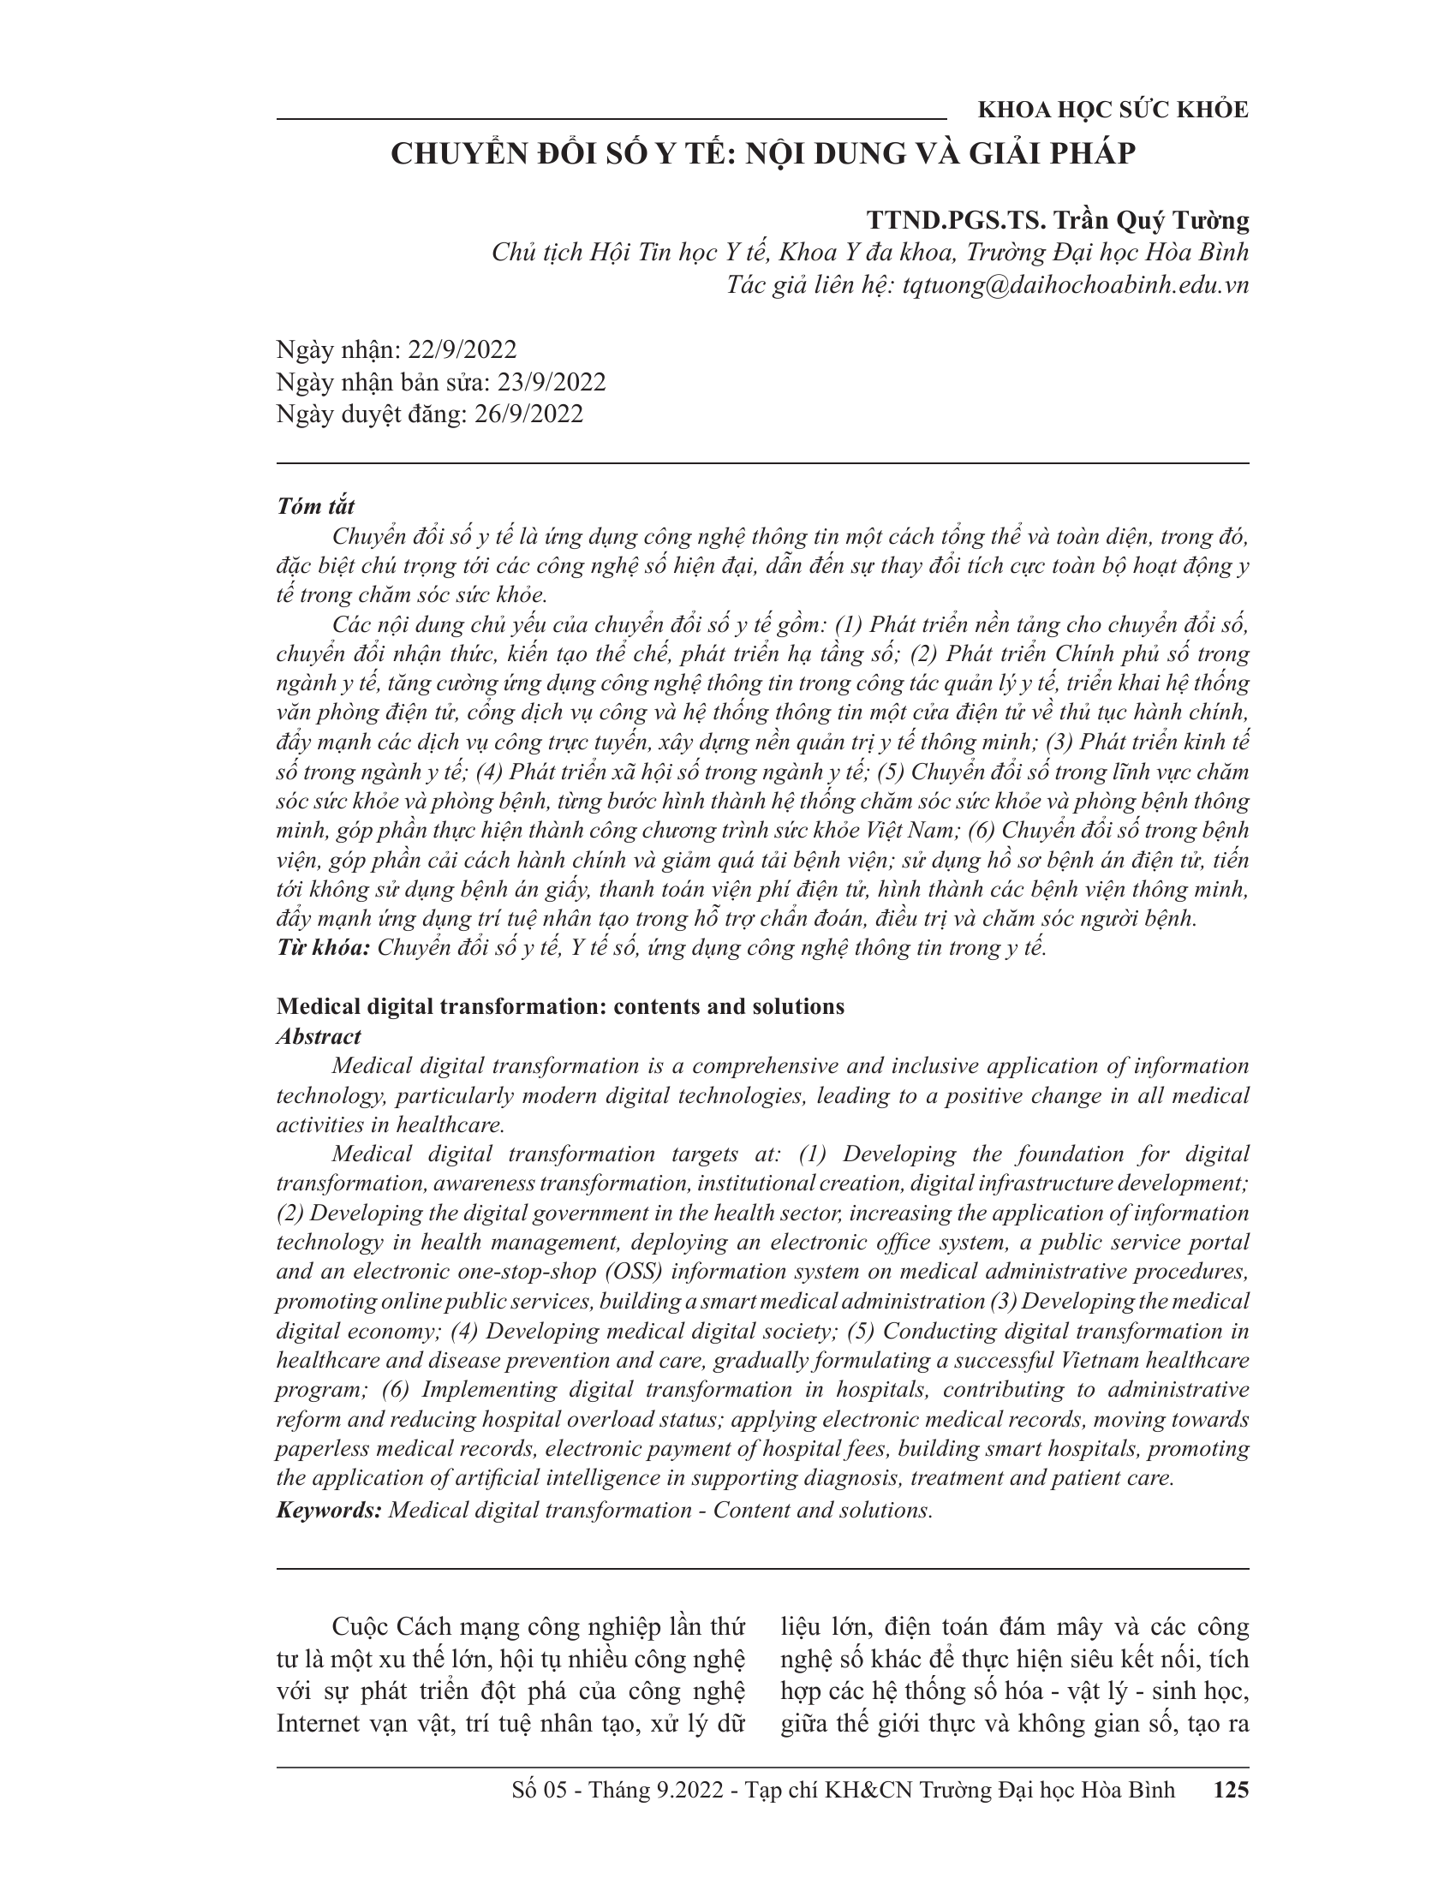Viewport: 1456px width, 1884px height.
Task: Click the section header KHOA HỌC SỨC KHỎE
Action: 1113,110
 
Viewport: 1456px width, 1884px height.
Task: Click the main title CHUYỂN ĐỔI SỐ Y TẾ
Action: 762,153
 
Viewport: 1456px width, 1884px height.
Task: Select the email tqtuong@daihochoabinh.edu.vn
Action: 1075,285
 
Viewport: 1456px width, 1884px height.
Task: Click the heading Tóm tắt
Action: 316,506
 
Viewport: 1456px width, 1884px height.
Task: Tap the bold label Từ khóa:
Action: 324,948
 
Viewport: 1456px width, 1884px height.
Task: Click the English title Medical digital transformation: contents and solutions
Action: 560,1007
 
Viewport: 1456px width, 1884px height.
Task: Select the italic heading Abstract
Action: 319,1036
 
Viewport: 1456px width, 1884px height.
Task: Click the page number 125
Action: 1231,1790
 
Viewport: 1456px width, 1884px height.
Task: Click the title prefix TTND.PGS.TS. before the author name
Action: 957,221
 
